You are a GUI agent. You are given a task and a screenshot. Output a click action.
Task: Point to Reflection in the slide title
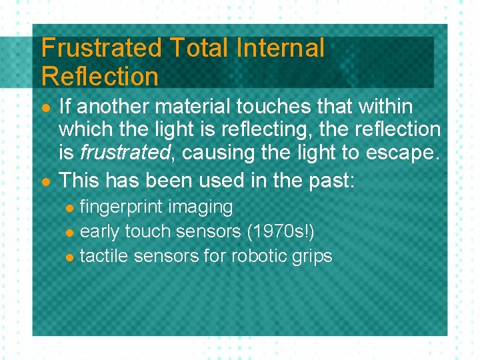100,76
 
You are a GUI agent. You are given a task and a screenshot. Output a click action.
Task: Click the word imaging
200,207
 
